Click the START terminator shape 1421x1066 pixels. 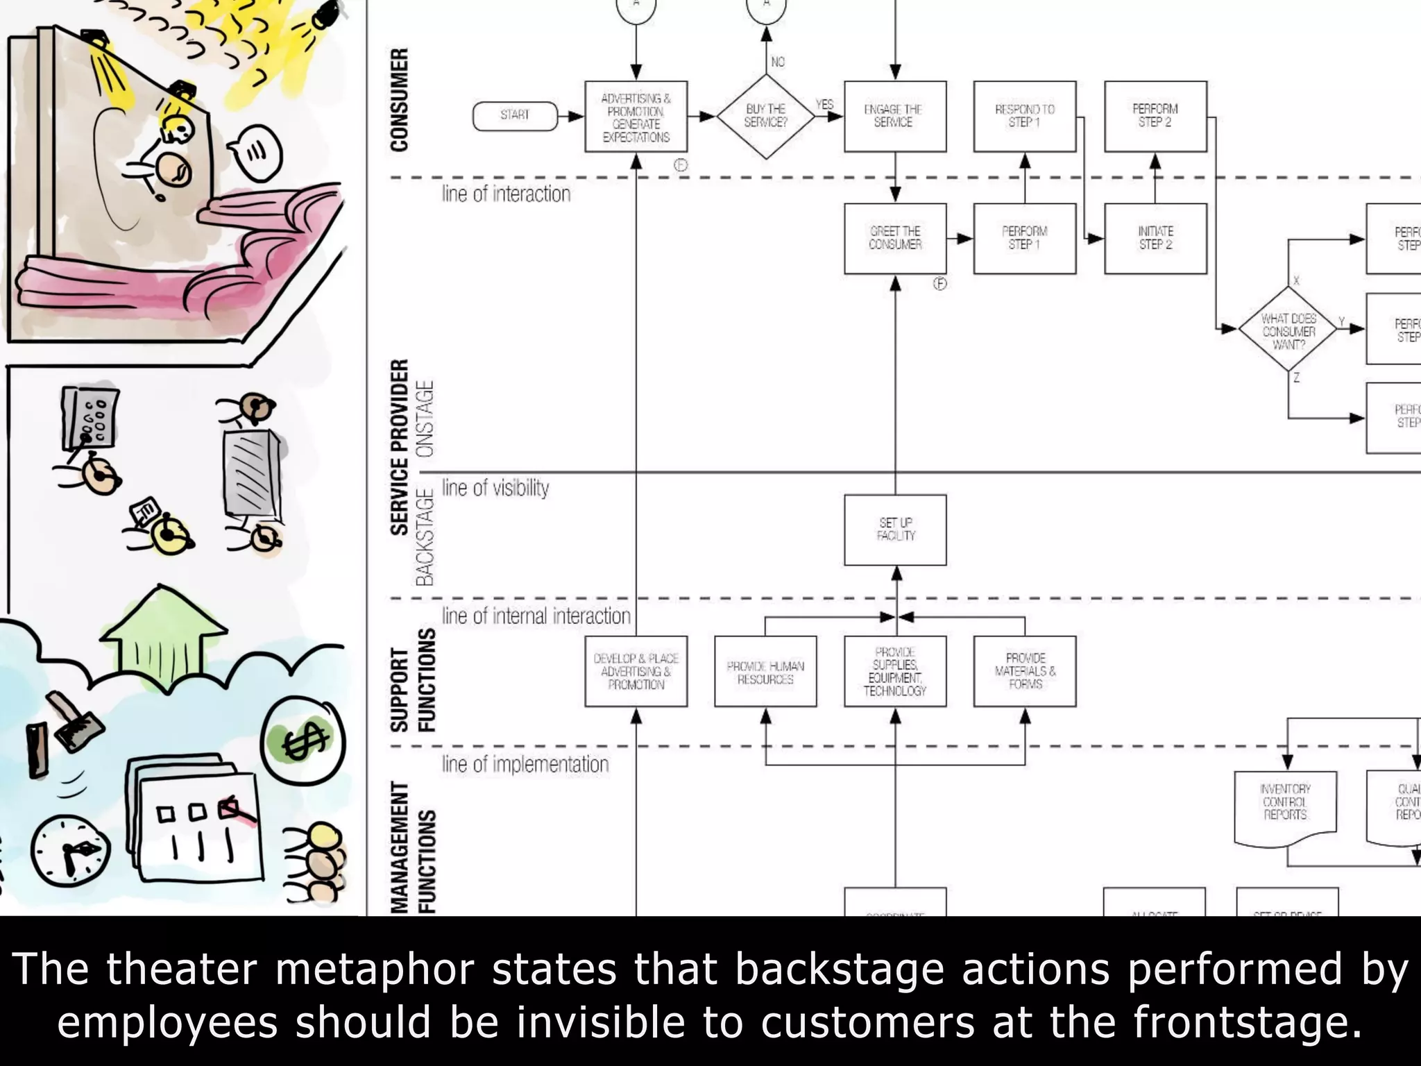pos(515,116)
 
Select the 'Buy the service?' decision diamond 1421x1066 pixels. pos(765,117)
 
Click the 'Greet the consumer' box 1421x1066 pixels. pos(895,238)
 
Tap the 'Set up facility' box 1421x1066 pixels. pos(895,530)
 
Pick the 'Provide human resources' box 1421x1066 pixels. pos(765,672)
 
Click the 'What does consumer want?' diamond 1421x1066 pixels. pos(1288,330)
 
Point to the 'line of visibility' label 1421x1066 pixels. pos(495,488)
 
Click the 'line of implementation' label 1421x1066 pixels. pos(525,764)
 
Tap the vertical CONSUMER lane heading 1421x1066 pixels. pos(399,99)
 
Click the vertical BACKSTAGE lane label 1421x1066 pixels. pos(425,536)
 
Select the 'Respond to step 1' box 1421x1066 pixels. pos(1024,116)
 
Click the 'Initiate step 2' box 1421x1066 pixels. pos(1155,238)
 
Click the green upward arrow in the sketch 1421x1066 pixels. pos(164,632)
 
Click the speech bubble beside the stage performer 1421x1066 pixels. pos(256,151)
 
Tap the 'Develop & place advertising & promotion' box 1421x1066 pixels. pos(636,671)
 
